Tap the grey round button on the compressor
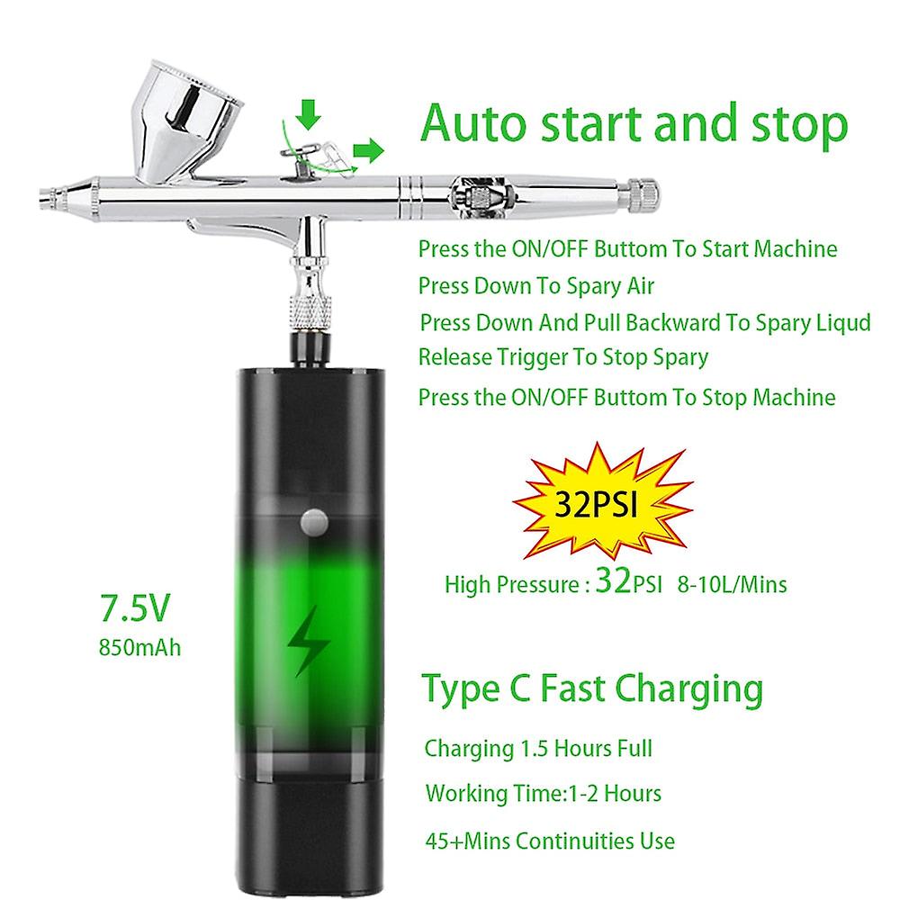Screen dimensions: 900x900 (313, 519)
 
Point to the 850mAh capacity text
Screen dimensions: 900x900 (144, 645)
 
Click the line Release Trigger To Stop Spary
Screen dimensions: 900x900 (563, 356)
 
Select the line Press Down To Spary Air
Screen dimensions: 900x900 (536, 286)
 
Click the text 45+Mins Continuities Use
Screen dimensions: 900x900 (550, 841)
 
